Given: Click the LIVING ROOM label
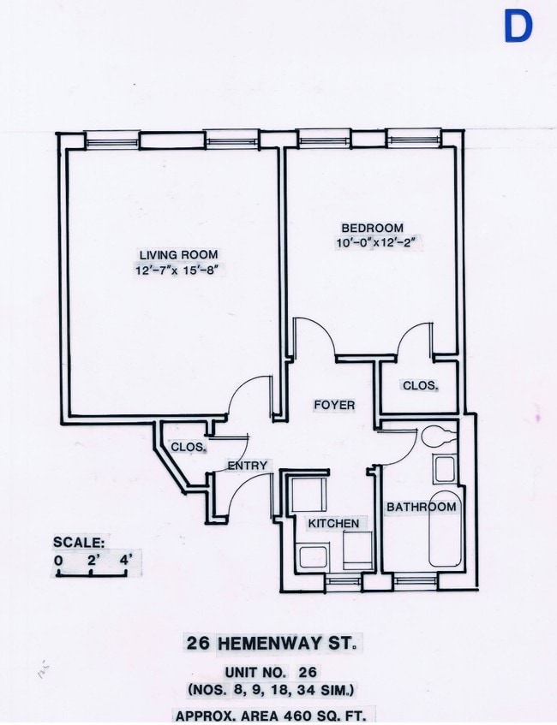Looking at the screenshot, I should tap(178, 254).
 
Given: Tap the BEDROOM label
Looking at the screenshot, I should tap(372, 228).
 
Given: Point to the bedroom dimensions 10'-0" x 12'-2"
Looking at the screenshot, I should tap(381, 243).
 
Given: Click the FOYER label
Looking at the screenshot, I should tap(333, 405).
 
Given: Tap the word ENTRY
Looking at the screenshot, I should tap(248, 466).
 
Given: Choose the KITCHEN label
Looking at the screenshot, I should tap(333, 523).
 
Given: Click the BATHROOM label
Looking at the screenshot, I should tap(421, 507).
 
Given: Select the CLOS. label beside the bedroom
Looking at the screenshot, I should tap(421, 386).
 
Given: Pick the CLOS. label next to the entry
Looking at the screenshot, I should tap(188, 447).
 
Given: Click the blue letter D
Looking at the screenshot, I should tap(518, 27).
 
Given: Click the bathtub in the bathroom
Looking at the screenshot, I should tap(444, 531).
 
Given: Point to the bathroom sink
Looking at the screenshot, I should tap(445, 469).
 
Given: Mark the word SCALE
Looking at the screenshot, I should tap(79, 542).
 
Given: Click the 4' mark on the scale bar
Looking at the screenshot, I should tap(125, 561).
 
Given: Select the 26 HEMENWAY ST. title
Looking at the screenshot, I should tap(271, 642).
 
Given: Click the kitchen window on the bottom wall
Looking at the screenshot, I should tap(344, 582).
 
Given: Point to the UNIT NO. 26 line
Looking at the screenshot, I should tap(271, 673).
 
